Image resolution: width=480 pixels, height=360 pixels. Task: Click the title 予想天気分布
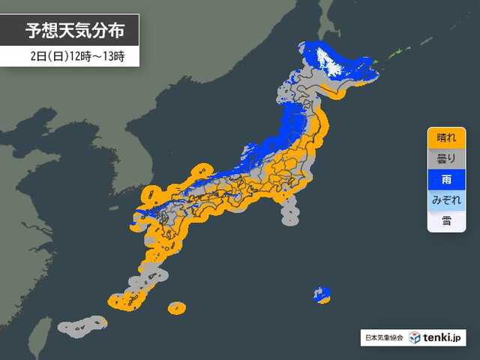[72, 31]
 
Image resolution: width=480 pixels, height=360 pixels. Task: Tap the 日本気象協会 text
[383, 338]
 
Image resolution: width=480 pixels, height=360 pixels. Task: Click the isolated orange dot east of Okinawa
[177, 307]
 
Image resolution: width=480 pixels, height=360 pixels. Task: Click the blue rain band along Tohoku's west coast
[289, 127]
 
